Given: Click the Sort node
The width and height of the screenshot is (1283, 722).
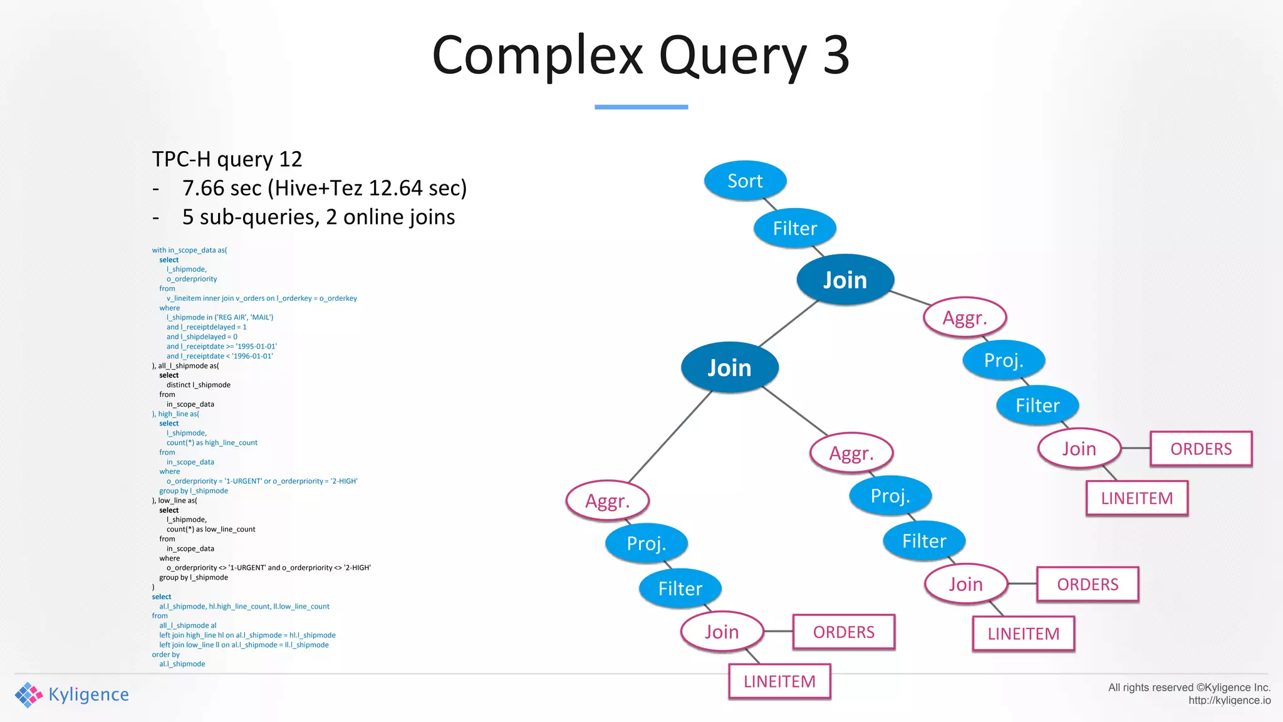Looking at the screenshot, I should pos(745,180).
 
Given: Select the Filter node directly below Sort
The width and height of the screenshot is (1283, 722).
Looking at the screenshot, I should pos(794,228).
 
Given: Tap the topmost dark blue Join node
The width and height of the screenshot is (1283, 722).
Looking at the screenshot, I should pos(844,280).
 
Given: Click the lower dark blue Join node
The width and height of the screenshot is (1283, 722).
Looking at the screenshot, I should pos(729,367).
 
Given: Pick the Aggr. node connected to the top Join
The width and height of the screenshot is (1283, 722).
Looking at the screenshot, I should pos(965,318).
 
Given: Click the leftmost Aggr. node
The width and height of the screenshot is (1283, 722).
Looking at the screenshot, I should pos(607,501).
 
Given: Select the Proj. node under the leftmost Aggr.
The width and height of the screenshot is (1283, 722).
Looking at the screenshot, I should pos(647,543).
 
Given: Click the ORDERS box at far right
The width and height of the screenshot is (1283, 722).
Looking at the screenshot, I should pos(1201,449).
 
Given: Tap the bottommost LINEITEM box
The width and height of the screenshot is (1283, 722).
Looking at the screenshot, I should pos(779,681).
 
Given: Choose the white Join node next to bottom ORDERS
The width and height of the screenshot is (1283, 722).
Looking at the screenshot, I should pos(722,632).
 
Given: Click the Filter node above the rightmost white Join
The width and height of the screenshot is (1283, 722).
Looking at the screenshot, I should pos(1037,405).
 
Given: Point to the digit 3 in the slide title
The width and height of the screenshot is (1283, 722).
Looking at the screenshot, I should pos(836,55).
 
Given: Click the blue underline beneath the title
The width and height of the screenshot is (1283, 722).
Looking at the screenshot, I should pos(641,107).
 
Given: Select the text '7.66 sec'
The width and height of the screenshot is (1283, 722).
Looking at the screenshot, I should pos(222,188).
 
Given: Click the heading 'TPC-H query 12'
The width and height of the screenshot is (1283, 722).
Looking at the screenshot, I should pos(227,159).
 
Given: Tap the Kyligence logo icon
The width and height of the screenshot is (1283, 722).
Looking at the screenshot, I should pos(28,694).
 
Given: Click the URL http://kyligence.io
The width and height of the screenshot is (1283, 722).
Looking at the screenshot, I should pos(1229,701).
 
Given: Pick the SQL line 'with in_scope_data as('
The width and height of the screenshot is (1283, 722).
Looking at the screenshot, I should pos(189,250).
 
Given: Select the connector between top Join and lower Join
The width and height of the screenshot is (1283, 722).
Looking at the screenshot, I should pos(789,323).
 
